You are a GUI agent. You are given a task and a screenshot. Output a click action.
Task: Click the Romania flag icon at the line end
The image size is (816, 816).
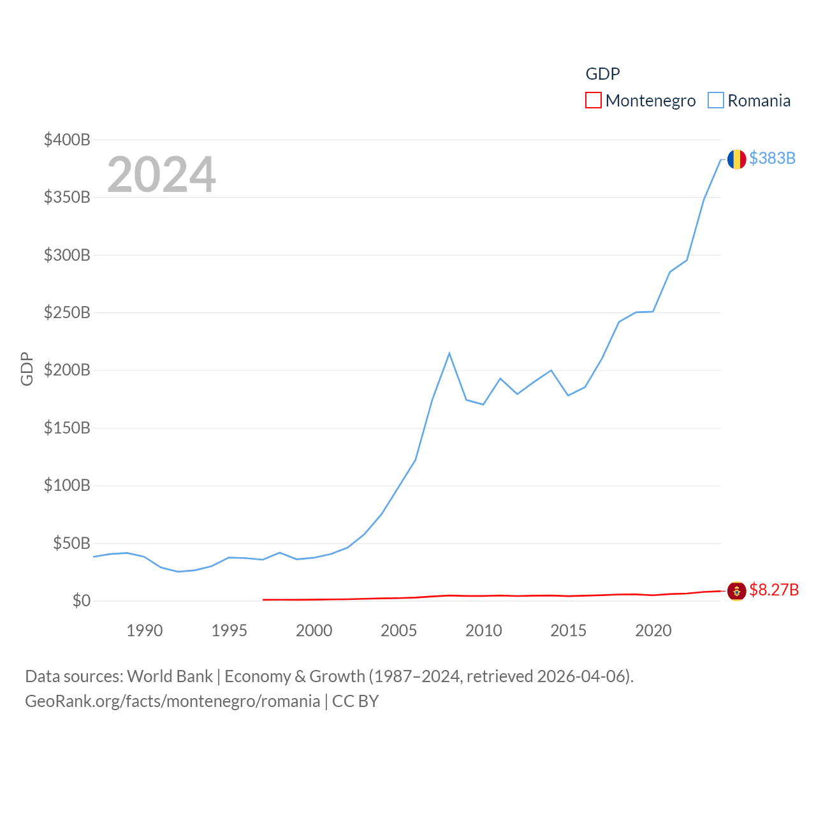[736, 159]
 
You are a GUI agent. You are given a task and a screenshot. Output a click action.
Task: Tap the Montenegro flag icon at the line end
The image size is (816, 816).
[736, 591]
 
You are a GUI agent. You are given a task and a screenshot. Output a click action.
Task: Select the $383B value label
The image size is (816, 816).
[772, 158]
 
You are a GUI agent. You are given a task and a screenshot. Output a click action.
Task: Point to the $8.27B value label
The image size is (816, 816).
[773, 590]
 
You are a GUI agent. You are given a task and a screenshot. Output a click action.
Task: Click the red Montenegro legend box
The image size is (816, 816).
[593, 101]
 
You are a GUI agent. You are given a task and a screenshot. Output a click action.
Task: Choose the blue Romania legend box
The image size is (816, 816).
[716, 101]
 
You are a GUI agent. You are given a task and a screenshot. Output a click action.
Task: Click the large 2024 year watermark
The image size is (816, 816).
[161, 175]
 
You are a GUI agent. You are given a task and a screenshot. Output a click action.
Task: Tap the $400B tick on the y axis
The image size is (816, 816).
[67, 140]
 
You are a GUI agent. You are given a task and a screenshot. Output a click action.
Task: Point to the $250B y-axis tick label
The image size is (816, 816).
[67, 312]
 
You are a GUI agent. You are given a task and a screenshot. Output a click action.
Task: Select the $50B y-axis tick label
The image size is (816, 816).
[71, 543]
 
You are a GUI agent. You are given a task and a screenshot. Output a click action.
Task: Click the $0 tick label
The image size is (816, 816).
[81, 601]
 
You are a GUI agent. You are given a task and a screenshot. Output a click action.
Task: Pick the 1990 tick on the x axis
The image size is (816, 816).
[145, 630]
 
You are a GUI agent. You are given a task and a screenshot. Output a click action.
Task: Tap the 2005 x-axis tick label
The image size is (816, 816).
[398, 630]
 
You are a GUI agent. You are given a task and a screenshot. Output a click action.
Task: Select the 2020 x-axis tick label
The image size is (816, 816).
[653, 630]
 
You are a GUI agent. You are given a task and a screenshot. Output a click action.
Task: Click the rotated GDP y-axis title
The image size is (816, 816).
[27, 368]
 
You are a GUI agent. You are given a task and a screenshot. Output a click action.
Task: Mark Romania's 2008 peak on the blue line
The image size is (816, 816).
[449, 353]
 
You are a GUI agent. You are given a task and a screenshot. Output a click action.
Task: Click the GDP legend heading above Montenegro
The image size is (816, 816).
[602, 74]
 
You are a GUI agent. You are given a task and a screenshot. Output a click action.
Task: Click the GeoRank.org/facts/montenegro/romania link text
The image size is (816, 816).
[172, 701]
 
